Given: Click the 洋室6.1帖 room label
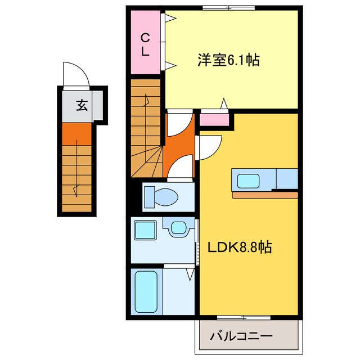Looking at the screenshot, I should click(228, 60).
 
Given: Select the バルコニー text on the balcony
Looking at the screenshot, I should click(241, 336).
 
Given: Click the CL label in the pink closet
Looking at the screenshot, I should click(145, 44).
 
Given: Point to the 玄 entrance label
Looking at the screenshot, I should click(82, 105).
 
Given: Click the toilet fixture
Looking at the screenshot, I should click(160, 197).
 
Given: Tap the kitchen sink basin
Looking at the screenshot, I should click(248, 181).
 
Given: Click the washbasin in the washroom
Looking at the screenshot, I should click(178, 228).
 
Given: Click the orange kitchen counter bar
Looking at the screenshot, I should click(264, 195).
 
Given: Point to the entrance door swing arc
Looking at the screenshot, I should click(73, 75).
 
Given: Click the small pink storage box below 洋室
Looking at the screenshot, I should click(214, 119).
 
